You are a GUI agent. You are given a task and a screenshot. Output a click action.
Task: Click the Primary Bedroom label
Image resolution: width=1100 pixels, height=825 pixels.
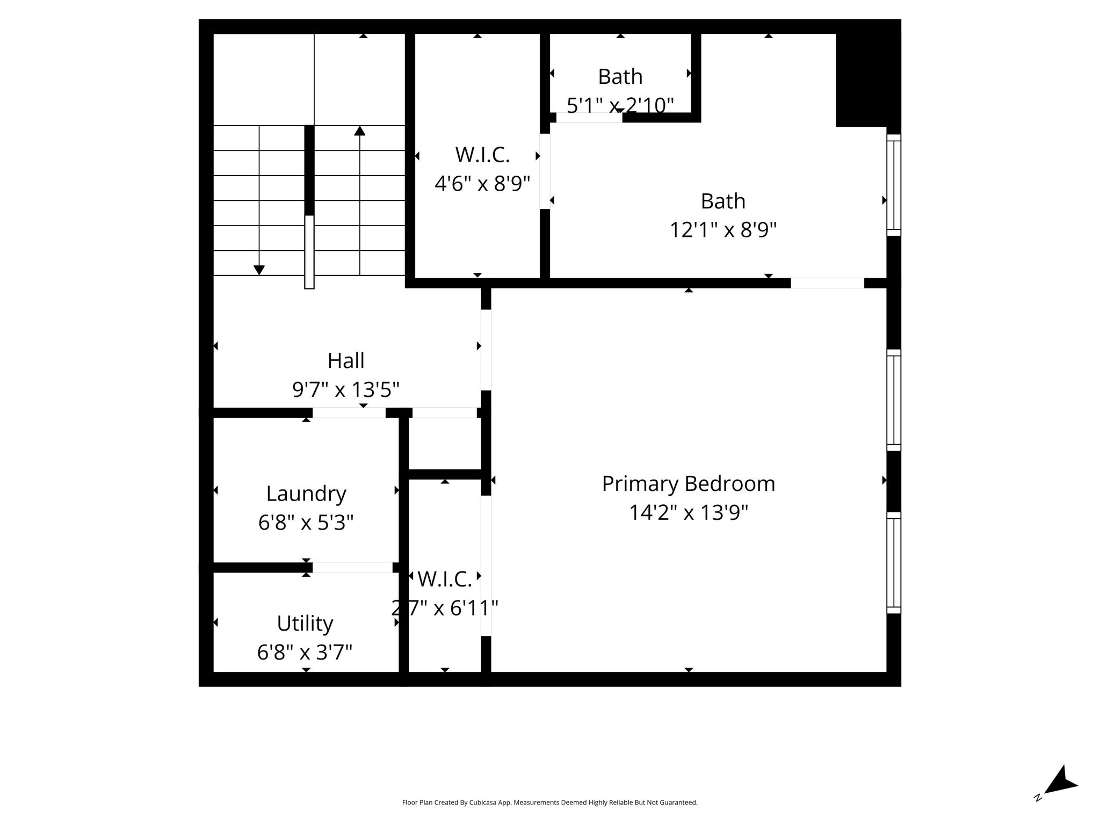(689, 484)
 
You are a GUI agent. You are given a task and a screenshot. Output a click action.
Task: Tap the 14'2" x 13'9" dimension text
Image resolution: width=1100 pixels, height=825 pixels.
(689, 513)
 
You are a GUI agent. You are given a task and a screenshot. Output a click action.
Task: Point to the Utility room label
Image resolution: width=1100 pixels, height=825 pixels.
(305, 624)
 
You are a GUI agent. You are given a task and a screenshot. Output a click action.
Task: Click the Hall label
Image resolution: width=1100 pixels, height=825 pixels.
(346, 360)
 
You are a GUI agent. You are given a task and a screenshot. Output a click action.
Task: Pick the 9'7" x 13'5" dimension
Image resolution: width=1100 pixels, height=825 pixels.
(346, 389)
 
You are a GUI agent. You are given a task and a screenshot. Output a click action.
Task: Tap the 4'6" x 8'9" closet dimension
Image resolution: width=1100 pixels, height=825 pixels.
(482, 184)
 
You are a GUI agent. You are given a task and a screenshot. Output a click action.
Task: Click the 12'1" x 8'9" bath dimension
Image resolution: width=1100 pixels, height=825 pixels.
(723, 230)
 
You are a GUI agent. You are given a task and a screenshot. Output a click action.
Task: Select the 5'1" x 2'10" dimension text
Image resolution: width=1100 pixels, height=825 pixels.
(620, 105)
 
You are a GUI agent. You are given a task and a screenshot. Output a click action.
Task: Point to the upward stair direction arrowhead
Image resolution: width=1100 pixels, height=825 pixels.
(360, 131)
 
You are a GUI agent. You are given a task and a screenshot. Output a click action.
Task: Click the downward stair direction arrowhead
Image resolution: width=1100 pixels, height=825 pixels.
(259, 270)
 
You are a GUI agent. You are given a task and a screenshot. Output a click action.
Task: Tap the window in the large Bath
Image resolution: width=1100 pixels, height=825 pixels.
(893, 185)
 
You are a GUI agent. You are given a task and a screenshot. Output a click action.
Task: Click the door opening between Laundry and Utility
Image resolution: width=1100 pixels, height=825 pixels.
(352, 567)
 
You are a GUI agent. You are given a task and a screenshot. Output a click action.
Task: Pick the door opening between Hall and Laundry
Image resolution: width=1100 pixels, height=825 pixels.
(349, 412)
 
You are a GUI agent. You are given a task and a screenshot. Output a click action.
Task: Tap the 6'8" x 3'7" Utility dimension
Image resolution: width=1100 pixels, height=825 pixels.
(305, 653)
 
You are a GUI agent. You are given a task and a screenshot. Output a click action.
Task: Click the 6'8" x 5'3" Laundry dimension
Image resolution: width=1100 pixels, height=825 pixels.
(306, 522)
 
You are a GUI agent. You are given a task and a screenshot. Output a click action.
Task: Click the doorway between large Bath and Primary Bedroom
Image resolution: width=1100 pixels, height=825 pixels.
(827, 283)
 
